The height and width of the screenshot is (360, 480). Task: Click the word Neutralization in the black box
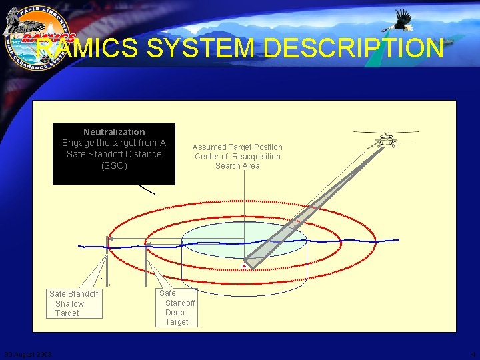pos(114,132)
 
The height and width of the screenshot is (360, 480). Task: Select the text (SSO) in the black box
pos(114,165)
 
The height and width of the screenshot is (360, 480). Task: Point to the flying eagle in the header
pos(400,21)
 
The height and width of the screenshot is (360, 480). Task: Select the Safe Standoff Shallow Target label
pos(73,303)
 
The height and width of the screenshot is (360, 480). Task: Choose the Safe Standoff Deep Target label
pos(177,307)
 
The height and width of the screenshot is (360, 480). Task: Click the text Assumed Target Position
pos(237,147)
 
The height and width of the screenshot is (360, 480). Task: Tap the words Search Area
pos(237,166)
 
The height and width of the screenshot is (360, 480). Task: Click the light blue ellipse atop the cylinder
pos(244,237)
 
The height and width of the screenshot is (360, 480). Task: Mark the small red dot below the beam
pos(244,266)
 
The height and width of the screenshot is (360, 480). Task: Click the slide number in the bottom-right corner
pos(473,354)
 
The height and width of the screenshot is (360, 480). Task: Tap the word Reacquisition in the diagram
pos(256,157)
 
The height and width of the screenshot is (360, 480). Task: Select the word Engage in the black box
pos(77,143)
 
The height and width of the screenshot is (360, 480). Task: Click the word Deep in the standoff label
pos(175,312)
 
